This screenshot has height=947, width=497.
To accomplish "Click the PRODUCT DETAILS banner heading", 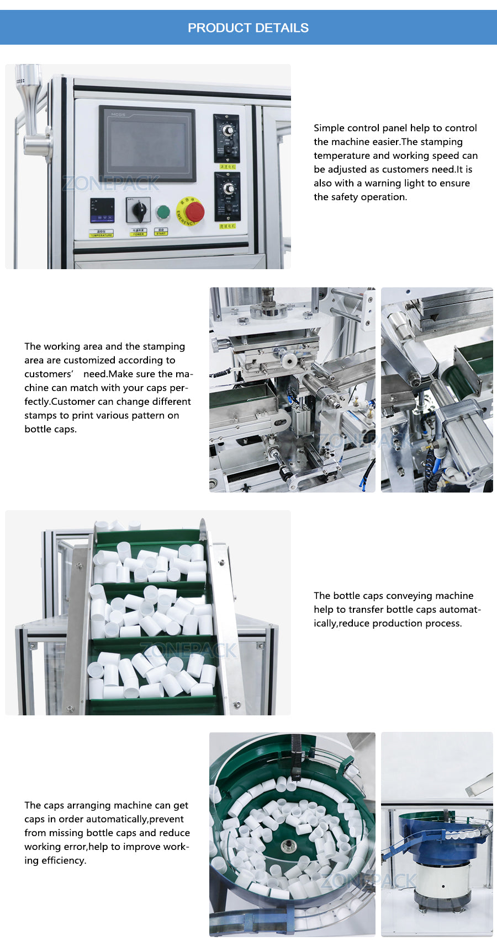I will [x=248, y=28].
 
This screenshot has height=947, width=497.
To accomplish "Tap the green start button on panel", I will [x=163, y=212].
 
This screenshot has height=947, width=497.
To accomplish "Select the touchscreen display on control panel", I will [x=147, y=144].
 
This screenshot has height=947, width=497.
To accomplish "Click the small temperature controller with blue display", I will [x=102, y=210].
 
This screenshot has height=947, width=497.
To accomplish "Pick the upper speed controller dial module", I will [x=226, y=138].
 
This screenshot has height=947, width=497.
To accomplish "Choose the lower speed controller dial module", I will [x=227, y=196].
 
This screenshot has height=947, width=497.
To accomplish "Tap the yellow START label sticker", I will [x=161, y=233].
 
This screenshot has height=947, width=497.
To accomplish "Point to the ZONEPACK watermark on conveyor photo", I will [x=188, y=650].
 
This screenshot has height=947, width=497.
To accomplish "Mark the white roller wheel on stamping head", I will [x=288, y=361].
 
